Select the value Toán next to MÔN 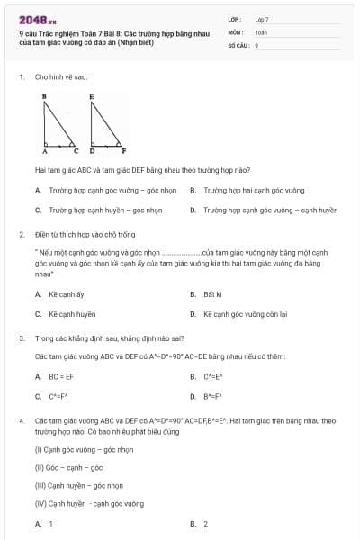click(261, 31)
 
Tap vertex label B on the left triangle click(44, 94)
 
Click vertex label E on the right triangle click(92, 94)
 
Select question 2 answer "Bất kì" click(212, 294)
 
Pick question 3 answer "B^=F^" click(212, 397)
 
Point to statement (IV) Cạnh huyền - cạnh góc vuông click(88, 504)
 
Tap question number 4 click(21, 420)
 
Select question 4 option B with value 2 click(205, 524)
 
